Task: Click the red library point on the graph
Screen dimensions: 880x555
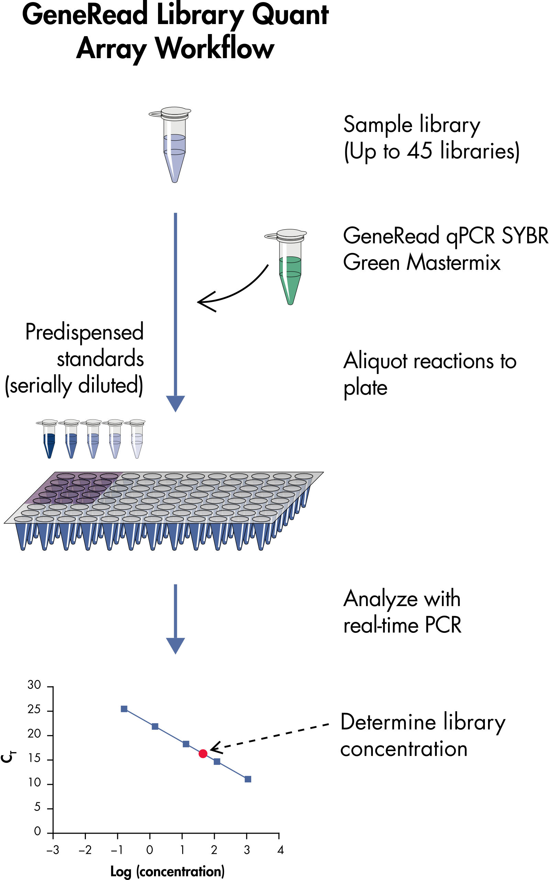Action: pyautogui.click(x=203, y=753)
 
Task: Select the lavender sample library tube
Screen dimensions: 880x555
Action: pyautogui.click(x=175, y=146)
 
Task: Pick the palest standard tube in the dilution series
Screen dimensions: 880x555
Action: pyautogui.click(x=137, y=440)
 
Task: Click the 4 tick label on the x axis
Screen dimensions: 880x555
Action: pyautogui.click(x=280, y=850)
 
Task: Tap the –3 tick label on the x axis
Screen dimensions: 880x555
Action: pyautogui.click(x=53, y=850)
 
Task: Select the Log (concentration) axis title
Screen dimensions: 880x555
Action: pyautogui.click(x=167, y=871)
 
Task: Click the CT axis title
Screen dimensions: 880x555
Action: pyautogui.click(x=8, y=757)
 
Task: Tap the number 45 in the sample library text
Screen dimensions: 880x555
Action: pyautogui.click(x=420, y=151)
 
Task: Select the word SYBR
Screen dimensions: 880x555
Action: pyautogui.click(x=525, y=236)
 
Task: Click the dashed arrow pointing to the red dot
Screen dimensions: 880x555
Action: pyautogui.click(x=270, y=735)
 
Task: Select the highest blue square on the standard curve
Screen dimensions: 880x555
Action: pyautogui.click(x=124, y=709)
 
